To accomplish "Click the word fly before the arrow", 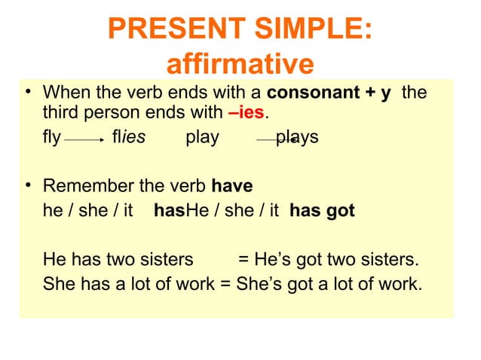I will click(x=52, y=138).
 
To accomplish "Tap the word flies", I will click(x=128, y=138).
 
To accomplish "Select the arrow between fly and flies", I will click(x=84, y=139).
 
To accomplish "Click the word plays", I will click(x=296, y=138).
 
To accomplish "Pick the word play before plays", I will click(x=202, y=138).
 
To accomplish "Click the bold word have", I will click(x=232, y=185).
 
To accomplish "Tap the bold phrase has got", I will click(x=322, y=211).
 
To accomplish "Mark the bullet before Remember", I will click(x=29, y=185).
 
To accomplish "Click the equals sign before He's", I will click(x=244, y=260).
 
